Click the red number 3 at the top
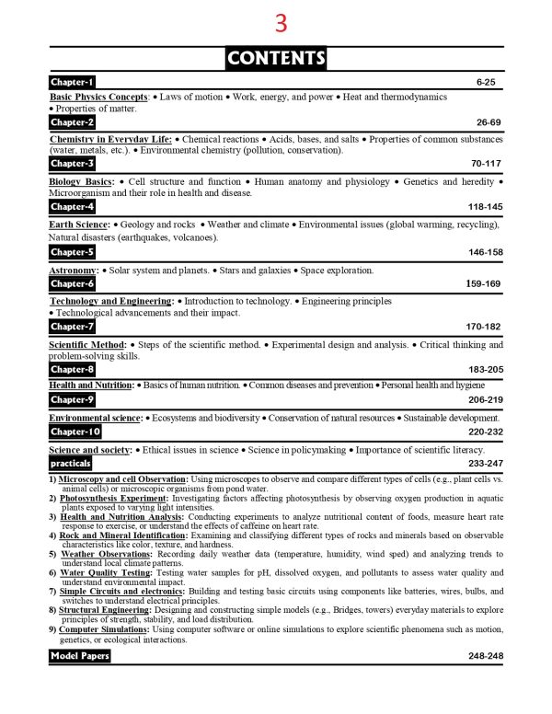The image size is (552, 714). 281,22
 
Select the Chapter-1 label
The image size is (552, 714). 73,83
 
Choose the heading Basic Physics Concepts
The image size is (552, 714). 99,97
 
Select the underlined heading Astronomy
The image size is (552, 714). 74,271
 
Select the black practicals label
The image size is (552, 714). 71,463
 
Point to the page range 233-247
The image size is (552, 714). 484,464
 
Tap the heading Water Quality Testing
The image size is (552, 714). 99,572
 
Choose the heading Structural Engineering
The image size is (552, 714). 105,610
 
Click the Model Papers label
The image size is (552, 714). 80,656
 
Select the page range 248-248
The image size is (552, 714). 484,656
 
